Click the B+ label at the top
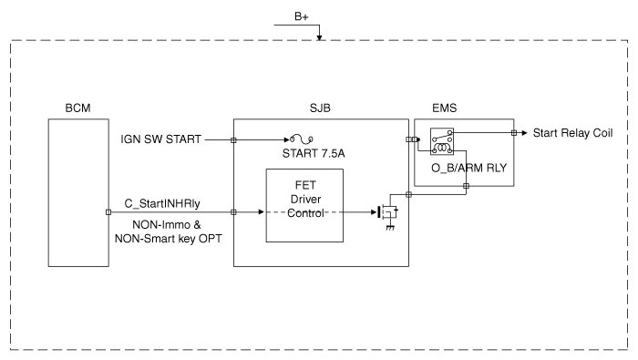302,16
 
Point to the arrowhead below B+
319,37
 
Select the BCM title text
77,108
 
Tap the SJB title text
320,108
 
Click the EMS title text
445,108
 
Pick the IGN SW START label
160,139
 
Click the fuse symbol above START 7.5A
302,139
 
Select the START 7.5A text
314,154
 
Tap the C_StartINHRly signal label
162,203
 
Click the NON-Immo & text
167,225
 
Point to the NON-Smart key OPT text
168,239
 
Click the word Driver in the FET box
305,200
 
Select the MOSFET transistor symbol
387,212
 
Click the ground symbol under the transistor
390,227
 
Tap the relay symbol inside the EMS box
442,141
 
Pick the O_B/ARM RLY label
468,168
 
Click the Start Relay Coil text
572,133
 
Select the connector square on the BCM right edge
108,212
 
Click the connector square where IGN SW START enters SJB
233,140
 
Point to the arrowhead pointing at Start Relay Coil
524,133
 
